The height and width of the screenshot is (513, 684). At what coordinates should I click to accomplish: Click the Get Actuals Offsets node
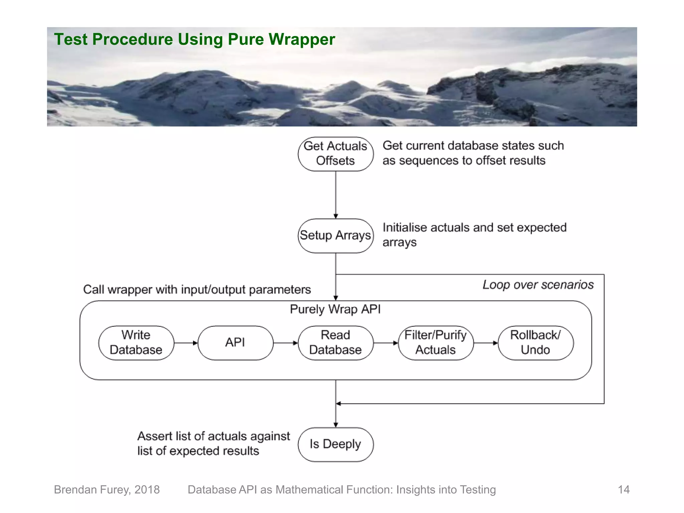coord(336,154)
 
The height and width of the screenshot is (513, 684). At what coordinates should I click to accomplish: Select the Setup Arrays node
coord(336,236)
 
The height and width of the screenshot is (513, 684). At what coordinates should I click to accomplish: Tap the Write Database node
coord(136,343)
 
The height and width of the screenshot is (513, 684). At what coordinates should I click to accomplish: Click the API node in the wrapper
coord(235,343)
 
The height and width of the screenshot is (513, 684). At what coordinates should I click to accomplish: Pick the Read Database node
coord(336,343)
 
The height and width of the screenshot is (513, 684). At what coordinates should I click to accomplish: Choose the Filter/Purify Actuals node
coord(436,343)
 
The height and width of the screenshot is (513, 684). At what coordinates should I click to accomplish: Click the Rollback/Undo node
coord(535,343)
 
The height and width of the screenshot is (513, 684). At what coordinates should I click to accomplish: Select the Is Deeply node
coord(336,444)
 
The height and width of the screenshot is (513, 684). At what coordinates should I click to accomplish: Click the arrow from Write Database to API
coord(186,343)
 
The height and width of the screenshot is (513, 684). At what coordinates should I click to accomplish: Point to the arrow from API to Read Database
coord(286,343)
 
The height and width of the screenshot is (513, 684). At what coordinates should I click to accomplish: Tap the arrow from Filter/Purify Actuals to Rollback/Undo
coord(486,343)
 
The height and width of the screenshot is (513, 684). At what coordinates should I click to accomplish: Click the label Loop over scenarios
coord(538,285)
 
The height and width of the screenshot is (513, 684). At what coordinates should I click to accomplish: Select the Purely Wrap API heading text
coord(335,309)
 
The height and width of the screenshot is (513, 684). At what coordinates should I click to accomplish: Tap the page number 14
coord(624,490)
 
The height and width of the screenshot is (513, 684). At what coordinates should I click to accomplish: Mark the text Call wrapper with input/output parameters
coord(197,290)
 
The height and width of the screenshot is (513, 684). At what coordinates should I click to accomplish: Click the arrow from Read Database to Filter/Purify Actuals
coord(386,343)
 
